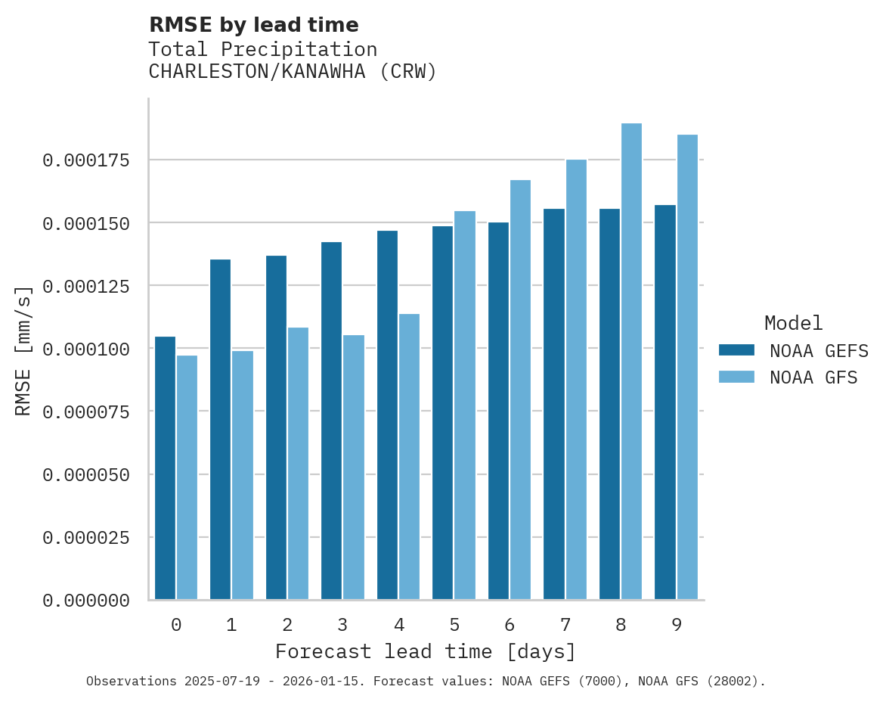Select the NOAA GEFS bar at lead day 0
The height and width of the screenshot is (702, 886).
(x=165, y=468)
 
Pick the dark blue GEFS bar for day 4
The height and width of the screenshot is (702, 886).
(x=387, y=415)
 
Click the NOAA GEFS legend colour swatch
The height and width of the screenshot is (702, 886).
(x=736, y=349)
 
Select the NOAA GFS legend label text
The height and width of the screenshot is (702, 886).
(x=813, y=377)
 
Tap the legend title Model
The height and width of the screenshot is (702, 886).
(x=793, y=323)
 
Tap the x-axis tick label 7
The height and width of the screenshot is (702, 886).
(x=565, y=625)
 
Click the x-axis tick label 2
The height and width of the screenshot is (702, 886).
(x=287, y=625)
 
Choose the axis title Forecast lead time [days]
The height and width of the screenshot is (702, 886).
(x=426, y=651)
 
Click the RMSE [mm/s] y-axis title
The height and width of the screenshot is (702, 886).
(x=23, y=350)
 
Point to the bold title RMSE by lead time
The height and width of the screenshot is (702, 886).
(x=253, y=25)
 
